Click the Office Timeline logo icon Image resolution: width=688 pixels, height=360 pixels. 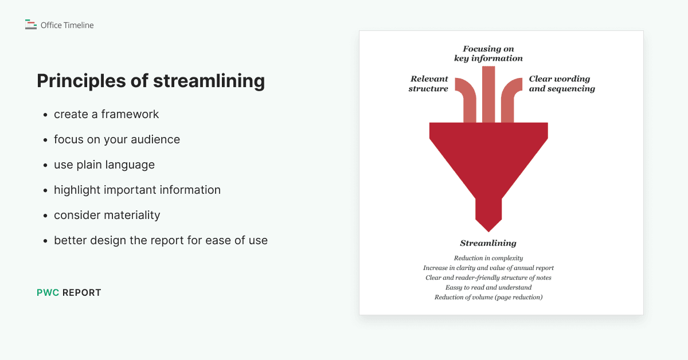[31, 25]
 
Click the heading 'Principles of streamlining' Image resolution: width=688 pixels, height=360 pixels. [151, 81]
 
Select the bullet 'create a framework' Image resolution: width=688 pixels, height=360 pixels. [106, 114]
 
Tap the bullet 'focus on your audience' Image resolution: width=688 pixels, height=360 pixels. [117, 139]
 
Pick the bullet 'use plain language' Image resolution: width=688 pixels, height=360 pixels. [104, 165]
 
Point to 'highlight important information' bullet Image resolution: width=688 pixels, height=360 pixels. [137, 190]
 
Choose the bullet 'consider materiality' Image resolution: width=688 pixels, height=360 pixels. [107, 215]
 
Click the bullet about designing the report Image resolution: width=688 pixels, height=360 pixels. [161, 240]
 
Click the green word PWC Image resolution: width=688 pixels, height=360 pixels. [48, 292]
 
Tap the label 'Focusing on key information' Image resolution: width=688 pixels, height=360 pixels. [488, 53]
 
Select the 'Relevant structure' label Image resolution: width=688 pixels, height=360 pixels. [429, 84]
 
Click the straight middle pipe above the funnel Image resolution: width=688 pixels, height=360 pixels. [488, 95]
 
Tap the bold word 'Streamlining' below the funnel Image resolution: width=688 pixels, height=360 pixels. [488, 243]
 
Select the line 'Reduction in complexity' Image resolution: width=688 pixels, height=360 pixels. [488, 258]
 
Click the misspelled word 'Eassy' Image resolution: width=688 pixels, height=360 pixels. [454, 287]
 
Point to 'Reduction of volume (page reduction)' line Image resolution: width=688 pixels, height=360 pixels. [488, 297]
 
